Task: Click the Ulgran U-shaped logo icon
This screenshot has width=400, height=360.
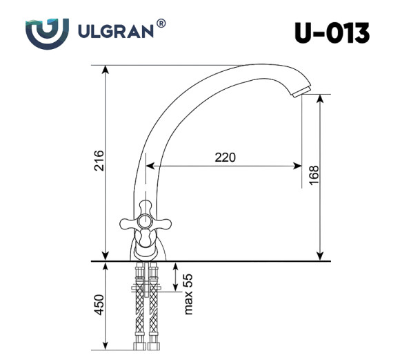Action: pyautogui.click(x=48, y=32)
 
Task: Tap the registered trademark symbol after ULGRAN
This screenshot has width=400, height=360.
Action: pyautogui.click(x=161, y=24)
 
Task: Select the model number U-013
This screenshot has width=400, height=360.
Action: pyautogui.click(x=331, y=32)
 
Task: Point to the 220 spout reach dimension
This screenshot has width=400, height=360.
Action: pyautogui.click(x=225, y=157)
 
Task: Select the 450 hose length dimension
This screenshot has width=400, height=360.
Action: pyautogui.click(x=98, y=305)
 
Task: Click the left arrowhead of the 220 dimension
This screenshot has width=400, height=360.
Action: pyautogui.click(x=149, y=166)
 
